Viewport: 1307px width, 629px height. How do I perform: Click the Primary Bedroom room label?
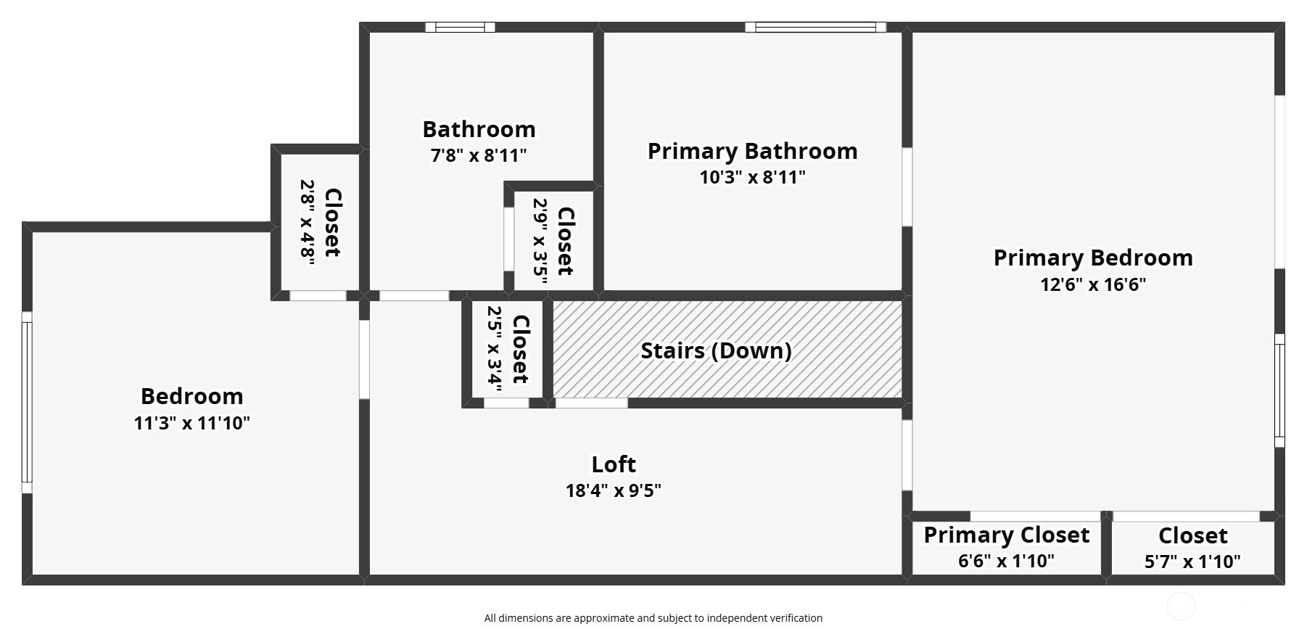[1093, 258]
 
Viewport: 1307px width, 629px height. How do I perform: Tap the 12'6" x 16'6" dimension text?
[1093, 284]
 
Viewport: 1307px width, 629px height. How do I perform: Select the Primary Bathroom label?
[752, 151]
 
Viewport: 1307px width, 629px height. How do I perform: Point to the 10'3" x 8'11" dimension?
[752, 177]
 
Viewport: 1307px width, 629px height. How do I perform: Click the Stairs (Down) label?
[716, 350]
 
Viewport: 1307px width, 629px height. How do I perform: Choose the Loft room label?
[614, 464]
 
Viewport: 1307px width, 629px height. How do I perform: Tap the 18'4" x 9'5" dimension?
[614, 490]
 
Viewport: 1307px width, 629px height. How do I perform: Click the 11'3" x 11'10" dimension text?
[191, 423]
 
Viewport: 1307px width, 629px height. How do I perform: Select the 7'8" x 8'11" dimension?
[479, 155]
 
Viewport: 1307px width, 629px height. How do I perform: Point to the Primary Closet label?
[1006, 535]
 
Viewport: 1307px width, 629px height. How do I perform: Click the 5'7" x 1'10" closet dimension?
[1192, 562]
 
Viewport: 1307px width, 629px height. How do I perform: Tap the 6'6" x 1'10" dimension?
[1006, 561]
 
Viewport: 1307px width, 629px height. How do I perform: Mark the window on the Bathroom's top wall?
[460, 28]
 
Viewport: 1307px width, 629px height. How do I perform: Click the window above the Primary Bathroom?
[815, 28]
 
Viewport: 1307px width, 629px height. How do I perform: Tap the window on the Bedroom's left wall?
[27, 403]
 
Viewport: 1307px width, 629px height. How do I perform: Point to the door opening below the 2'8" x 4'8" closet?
[318, 296]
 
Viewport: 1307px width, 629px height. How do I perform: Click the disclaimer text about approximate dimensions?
[653, 618]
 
